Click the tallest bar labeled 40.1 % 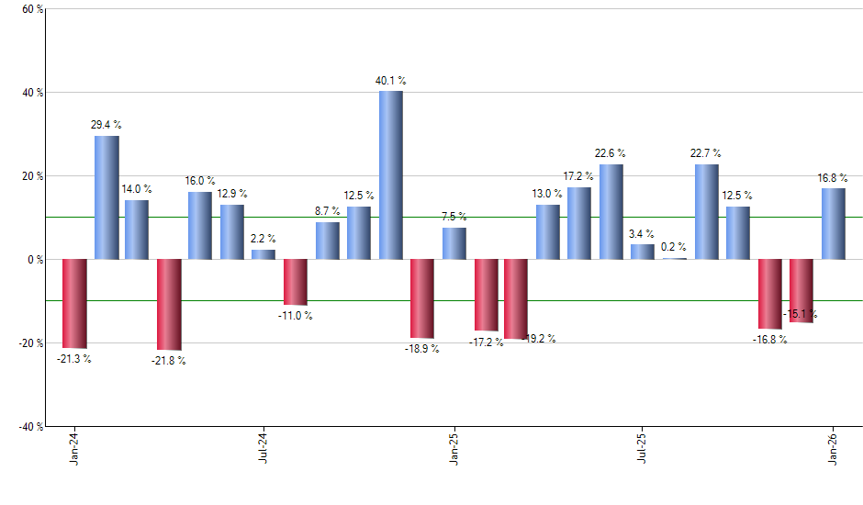coord(390,175)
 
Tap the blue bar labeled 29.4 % coord(106,197)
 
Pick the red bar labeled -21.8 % coord(169,304)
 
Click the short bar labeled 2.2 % coord(263,254)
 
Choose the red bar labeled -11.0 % coord(296,282)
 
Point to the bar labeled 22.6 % coord(611,212)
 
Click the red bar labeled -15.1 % coord(801,290)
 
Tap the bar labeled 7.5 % coord(454,243)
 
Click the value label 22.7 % coord(706,153)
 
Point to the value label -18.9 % coord(422,349)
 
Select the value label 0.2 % coord(675,247)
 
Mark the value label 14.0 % coord(137,189)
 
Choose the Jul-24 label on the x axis coord(263,449)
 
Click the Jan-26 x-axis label coord(833,449)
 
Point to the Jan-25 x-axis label coord(454,449)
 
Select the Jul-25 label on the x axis coord(643,449)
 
